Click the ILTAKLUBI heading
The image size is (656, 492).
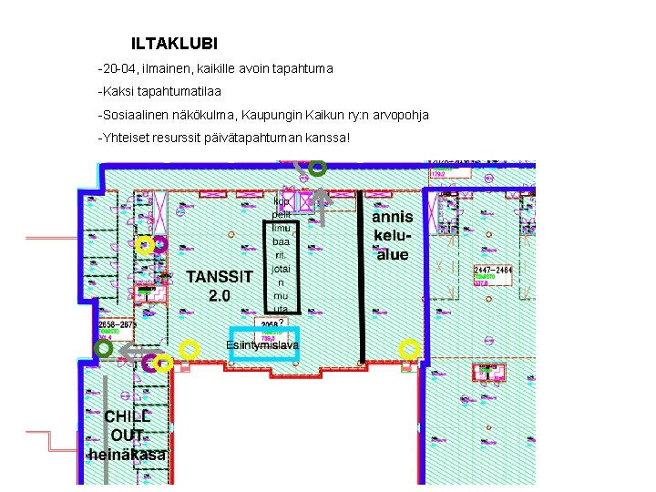coord(174,43)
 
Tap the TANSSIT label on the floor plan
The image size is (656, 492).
coord(220,276)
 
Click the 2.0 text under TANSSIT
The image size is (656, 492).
coord(219,296)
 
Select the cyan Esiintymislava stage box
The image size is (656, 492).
coord(263,343)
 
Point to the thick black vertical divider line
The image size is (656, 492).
coord(363,273)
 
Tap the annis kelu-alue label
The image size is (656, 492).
coord(393,236)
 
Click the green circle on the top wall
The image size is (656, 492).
coord(317,168)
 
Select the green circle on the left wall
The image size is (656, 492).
coord(104,348)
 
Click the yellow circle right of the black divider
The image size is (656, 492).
coord(410,347)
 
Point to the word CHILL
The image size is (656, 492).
coord(127,416)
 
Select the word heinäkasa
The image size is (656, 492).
coord(128,454)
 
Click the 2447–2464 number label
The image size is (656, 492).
coord(493,271)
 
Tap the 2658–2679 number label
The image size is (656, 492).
coord(117,324)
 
